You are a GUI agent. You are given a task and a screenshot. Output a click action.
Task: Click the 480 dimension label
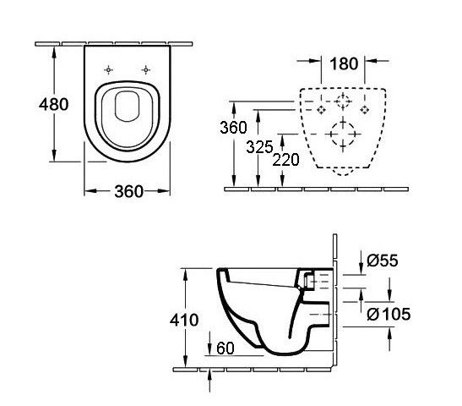[53, 104]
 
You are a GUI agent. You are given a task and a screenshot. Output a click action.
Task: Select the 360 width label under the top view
[128, 191]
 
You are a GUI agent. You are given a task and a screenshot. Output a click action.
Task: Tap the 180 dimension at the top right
[344, 63]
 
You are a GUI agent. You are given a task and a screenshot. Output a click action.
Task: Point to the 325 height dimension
[259, 147]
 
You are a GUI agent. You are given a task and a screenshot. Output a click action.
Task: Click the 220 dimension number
[285, 160]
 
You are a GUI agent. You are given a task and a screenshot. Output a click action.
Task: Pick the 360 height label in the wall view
[234, 128]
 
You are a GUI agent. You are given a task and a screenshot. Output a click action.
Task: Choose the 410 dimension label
[184, 320]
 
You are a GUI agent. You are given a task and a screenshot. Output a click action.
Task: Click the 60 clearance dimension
[226, 348]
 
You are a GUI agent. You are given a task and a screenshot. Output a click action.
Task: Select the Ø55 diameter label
[382, 261]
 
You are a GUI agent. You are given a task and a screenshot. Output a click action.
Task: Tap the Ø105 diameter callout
[389, 314]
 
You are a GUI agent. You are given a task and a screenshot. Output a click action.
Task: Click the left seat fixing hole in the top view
[108, 70]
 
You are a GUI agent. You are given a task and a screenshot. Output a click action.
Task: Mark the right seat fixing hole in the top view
[145, 70]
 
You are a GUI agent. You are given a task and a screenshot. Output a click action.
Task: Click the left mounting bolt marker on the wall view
[321, 110]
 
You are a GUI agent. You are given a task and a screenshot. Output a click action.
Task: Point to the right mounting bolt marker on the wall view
[365, 110]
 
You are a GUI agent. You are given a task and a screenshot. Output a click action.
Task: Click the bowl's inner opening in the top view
[127, 107]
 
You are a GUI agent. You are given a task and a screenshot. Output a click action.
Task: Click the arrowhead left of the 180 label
[315, 61]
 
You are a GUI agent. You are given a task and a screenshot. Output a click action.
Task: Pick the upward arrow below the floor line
[209, 381]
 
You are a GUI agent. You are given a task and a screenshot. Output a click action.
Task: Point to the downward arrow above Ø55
[361, 262]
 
